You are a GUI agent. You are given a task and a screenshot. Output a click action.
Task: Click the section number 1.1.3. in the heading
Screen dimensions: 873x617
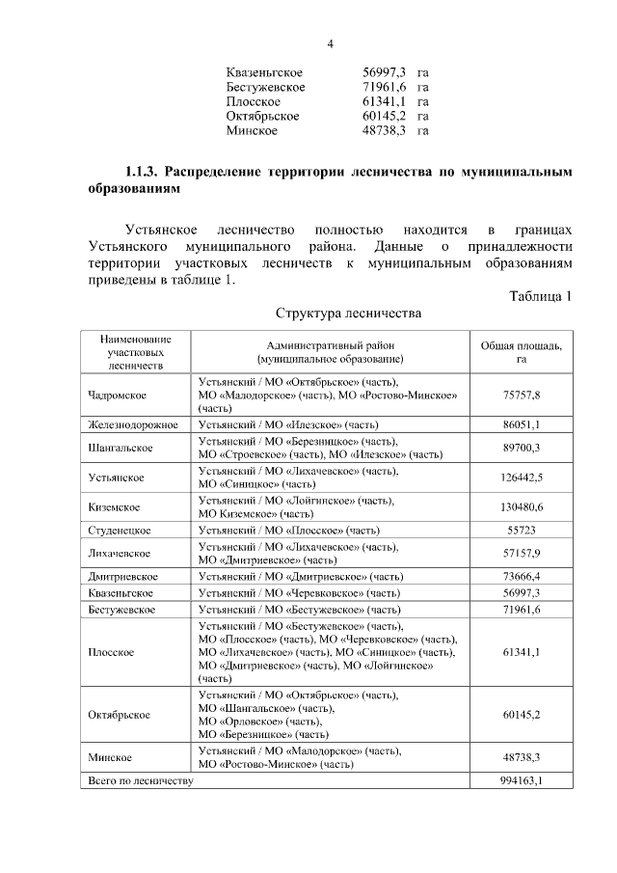144,173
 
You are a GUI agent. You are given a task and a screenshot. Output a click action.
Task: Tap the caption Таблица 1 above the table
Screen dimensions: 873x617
541,295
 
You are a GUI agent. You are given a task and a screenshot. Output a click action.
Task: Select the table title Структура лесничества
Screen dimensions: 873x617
348,314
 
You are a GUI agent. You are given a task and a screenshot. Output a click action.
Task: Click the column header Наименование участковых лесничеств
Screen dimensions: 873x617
134,352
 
